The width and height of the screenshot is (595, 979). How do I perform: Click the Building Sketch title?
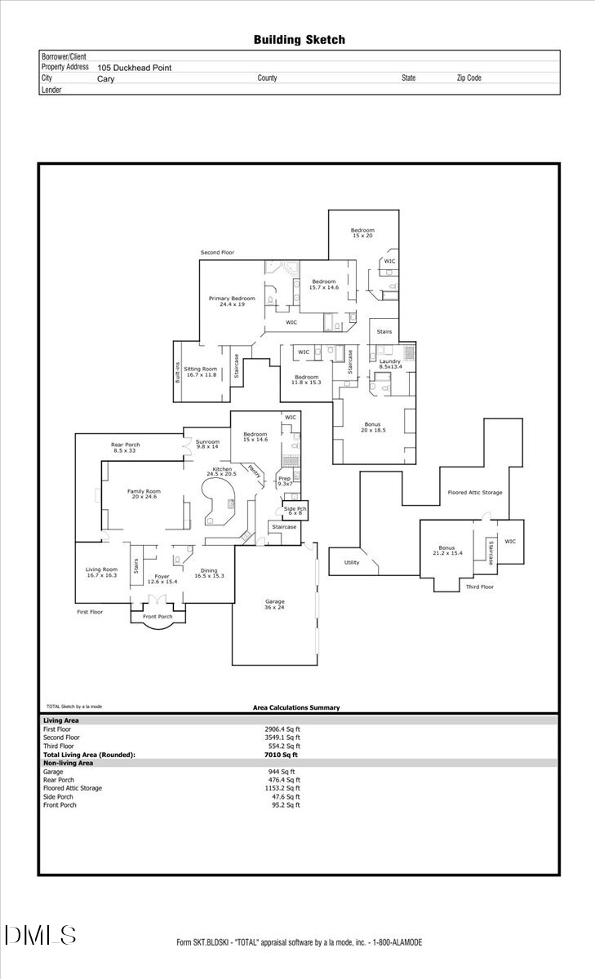click(x=299, y=39)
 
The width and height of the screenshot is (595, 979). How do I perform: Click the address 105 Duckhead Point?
click(x=135, y=69)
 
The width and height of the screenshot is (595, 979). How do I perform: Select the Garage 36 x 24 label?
click(x=274, y=605)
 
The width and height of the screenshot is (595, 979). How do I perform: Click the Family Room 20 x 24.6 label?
click(x=144, y=494)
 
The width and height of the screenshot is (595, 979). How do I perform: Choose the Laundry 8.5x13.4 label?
click(x=390, y=364)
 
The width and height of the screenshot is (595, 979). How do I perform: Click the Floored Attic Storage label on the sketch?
click(x=475, y=493)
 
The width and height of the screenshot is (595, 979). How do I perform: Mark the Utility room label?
click(x=352, y=562)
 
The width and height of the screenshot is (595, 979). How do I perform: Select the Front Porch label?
click(x=159, y=616)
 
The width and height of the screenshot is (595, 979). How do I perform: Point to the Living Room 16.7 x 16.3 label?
click(x=102, y=572)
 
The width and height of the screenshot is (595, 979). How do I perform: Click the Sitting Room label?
click(x=201, y=371)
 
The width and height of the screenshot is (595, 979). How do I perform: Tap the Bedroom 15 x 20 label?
click(x=362, y=233)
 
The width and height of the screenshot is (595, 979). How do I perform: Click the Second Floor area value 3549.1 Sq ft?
click(x=282, y=738)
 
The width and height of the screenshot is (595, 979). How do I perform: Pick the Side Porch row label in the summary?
click(x=60, y=796)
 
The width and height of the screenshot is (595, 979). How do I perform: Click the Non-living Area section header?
click(x=68, y=763)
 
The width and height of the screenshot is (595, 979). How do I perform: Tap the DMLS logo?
click(x=40, y=935)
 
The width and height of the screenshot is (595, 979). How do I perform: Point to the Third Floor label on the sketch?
click(x=479, y=587)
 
